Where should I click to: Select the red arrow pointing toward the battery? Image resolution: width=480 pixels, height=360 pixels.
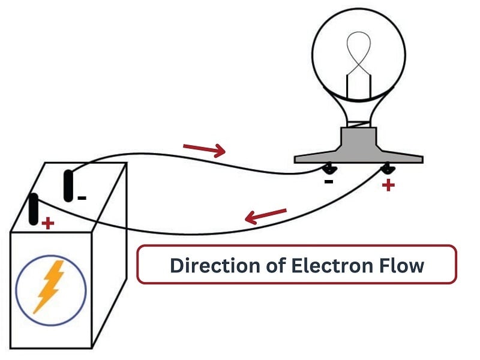(266, 217)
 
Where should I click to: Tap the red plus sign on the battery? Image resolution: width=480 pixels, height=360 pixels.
(47, 224)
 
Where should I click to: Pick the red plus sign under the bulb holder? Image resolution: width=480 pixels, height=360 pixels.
(388, 185)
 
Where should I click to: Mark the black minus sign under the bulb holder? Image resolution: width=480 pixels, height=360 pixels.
(328, 181)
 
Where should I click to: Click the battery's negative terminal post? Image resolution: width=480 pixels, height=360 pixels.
(69, 185)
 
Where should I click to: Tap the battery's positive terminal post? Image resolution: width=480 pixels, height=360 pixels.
(34, 208)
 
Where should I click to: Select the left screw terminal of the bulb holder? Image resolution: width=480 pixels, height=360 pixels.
(328, 168)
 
